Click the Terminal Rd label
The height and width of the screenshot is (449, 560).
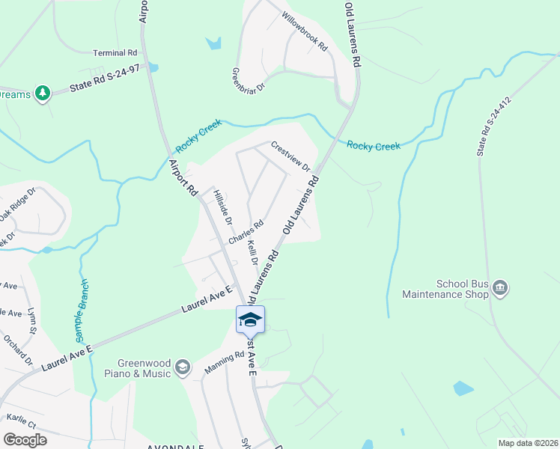click(x=115, y=53)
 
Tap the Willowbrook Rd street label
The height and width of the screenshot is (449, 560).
click(x=305, y=31)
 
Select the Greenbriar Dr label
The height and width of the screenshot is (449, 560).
click(x=249, y=80)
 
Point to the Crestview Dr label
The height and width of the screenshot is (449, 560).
click(x=290, y=156)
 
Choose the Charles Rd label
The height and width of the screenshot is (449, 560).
click(x=246, y=232)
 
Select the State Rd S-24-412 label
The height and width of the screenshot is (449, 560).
click(x=494, y=126)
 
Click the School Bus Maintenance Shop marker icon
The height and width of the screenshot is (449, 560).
click(x=501, y=288)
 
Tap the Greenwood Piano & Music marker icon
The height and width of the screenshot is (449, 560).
click(x=182, y=367)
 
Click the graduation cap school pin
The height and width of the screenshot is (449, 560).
click(x=250, y=320)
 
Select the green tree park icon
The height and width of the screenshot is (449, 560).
click(x=43, y=92)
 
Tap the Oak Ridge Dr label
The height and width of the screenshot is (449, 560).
click(x=18, y=204)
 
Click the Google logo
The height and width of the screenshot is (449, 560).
click(x=25, y=439)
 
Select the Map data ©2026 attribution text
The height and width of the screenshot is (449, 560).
click(x=527, y=443)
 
